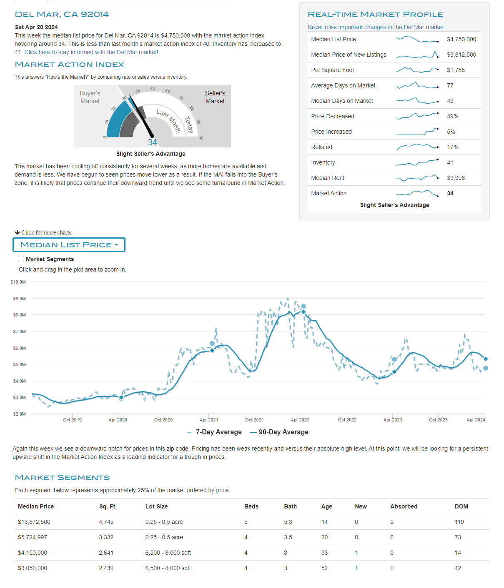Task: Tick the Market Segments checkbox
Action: (22, 259)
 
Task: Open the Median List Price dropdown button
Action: (69, 245)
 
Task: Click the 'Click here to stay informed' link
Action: (91, 52)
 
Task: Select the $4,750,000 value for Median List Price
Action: (461, 39)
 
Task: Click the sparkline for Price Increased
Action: (417, 132)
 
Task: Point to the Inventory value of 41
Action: (450, 162)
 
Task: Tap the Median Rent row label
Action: (328, 178)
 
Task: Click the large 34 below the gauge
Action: (153, 142)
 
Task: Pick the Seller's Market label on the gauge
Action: (215, 97)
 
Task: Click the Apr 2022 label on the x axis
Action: (300, 420)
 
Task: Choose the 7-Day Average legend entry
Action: (218, 432)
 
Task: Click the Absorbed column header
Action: (404, 506)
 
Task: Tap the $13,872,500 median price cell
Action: (34, 522)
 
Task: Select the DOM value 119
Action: (459, 522)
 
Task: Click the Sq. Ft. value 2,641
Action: (106, 553)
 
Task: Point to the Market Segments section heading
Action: (62, 478)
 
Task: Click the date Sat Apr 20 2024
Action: (36, 27)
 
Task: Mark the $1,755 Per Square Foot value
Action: (456, 70)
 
